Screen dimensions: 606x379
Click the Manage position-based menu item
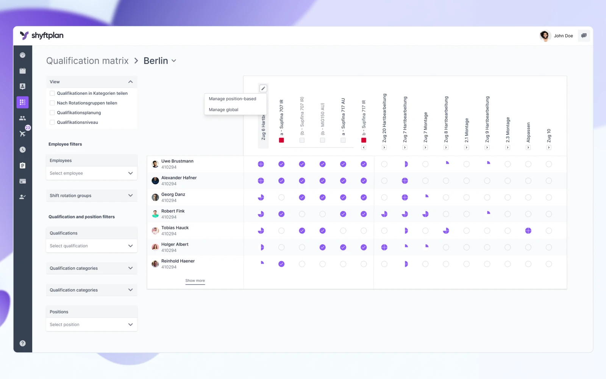(233, 99)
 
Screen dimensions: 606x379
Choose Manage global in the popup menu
(223, 110)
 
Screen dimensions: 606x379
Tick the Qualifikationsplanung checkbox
(52, 113)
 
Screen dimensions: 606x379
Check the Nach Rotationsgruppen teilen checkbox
(52, 103)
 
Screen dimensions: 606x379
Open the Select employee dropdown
(91, 173)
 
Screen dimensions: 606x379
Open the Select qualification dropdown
(91, 246)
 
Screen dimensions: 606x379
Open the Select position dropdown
(91, 324)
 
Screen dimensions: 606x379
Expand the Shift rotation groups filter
(91, 196)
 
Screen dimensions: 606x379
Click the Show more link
(195, 280)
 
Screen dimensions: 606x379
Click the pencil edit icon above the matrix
(263, 88)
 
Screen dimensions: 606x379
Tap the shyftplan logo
(42, 36)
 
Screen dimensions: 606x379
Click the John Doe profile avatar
(545, 36)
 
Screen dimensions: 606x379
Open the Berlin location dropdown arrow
(174, 61)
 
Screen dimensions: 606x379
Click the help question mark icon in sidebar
(23, 343)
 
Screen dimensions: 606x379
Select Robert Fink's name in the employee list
(173, 211)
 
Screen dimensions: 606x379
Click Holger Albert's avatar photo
(155, 247)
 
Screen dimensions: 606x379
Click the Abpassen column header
(528, 132)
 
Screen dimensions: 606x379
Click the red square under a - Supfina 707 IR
(281, 140)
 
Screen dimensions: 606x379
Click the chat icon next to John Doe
(584, 36)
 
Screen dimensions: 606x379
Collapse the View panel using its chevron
(130, 82)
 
